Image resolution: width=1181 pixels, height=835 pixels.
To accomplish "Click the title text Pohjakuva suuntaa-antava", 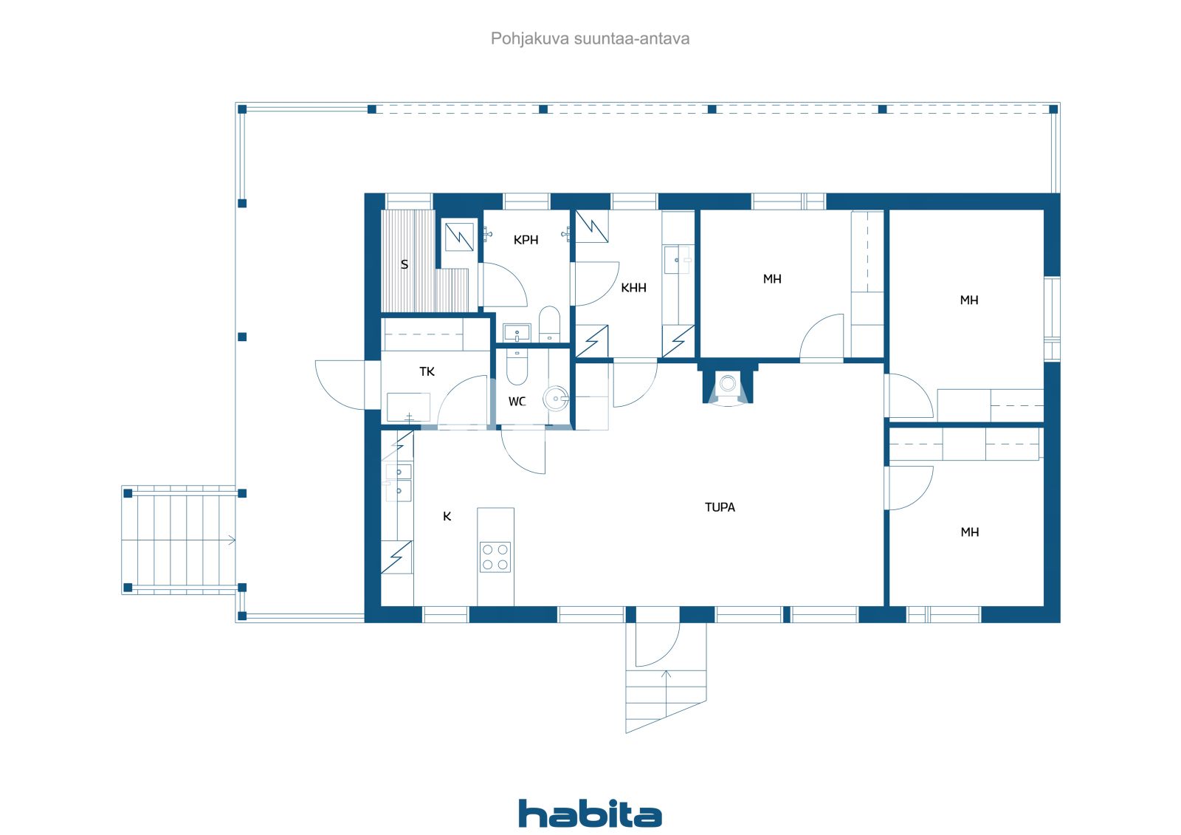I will coord(590,38).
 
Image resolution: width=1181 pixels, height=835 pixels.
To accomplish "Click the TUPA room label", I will coord(720,507).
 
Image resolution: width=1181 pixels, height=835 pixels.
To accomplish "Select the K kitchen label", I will coord(447,517).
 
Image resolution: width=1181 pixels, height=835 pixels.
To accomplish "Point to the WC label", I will coord(517,402).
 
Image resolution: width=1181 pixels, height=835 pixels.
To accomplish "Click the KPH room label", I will coord(526,240).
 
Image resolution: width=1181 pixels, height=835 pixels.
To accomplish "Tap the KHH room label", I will coord(633,288).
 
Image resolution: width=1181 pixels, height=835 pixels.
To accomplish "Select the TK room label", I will coord(427,371).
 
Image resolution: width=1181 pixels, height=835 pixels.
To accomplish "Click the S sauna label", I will coord(404,264).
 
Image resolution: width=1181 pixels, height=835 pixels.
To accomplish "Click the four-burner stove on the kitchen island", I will coord(495,557).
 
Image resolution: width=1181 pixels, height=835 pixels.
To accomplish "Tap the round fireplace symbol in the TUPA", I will coord(728,383).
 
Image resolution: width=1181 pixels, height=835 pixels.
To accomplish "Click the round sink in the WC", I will coord(556,399).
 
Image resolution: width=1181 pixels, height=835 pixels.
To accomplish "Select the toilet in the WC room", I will coord(517,368).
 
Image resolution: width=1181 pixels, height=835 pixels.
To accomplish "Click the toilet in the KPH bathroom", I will coord(549,323).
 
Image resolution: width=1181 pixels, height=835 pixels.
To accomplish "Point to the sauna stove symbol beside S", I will coord(458,236).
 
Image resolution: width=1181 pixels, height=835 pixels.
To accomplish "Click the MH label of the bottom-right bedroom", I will coord(969,532).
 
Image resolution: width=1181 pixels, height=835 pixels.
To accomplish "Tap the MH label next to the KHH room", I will coord(772,279).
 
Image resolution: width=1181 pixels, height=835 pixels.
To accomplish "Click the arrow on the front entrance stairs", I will coord(667,674).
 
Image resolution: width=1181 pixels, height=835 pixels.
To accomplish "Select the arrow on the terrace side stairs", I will coord(231,540).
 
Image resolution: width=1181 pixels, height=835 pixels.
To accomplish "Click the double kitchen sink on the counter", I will coord(399,481).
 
